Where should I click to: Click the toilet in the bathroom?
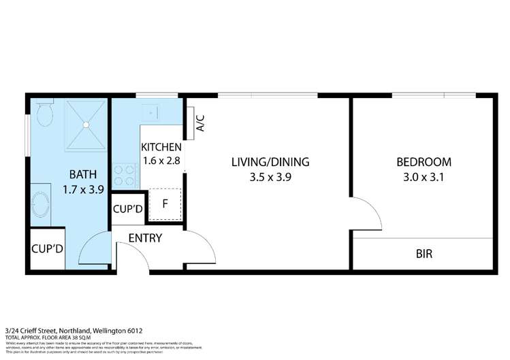pos(46,116)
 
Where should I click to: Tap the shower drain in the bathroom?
pos(86,125)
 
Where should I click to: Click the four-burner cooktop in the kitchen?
pos(125,176)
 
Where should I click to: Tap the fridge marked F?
pos(165,203)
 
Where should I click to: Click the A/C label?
pos(200,122)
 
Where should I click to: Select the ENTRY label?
pos(144,238)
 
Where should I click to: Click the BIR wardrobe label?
pos(424,255)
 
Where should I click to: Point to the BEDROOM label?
pos(424,162)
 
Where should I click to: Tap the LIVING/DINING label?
pos(270,162)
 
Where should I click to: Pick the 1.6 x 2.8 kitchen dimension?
pos(161,161)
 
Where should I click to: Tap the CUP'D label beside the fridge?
pos(127,209)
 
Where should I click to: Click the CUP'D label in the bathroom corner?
pos(47,248)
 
